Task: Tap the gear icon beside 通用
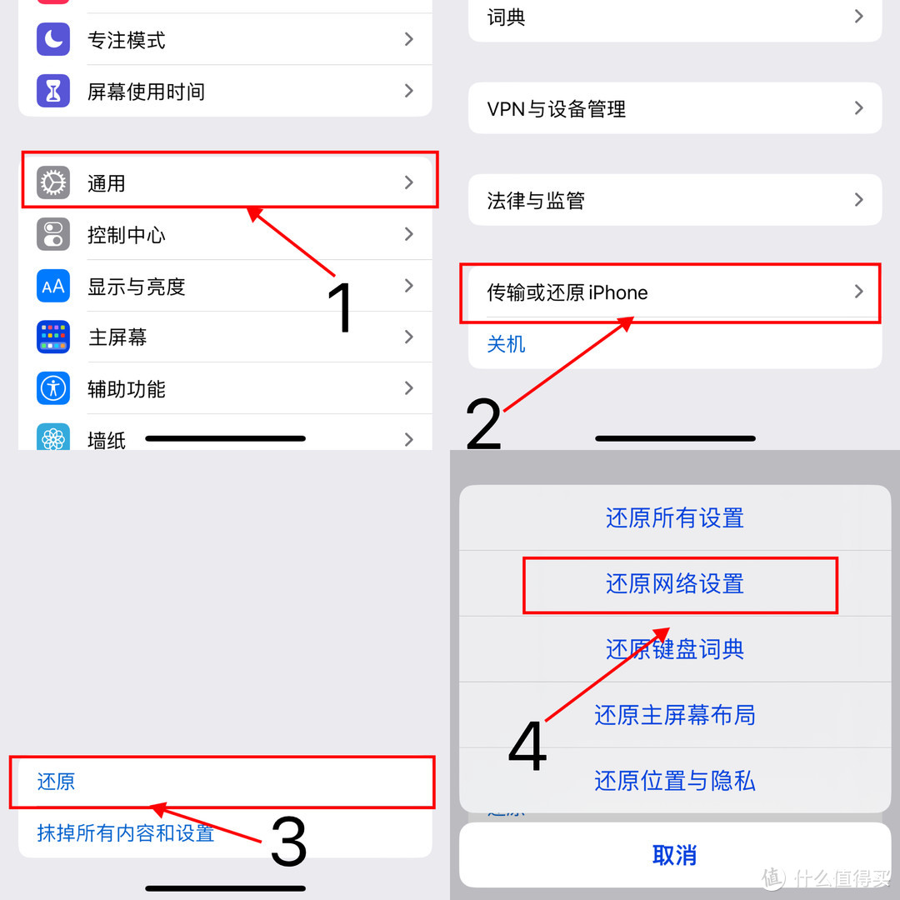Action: [53, 182]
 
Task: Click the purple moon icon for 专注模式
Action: [53, 39]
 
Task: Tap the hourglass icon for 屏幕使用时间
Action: [53, 91]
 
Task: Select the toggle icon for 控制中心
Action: [53, 234]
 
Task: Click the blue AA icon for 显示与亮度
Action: [53, 286]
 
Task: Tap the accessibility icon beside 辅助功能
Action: [53, 388]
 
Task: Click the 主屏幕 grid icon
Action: [53, 337]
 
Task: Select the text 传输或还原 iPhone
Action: [567, 292]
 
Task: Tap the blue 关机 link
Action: [506, 344]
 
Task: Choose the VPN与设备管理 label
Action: [556, 108]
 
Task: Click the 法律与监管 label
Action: [536, 201]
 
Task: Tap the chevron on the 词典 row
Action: [858, 16]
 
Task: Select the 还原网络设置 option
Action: [675, 583]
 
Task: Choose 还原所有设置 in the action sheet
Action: [675, 517]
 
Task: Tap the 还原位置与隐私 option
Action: [675, 781]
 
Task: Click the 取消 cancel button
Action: [675, 855]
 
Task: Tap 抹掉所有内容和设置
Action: [126, 832]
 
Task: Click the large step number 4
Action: [527, 746]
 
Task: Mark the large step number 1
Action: [340, 307]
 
